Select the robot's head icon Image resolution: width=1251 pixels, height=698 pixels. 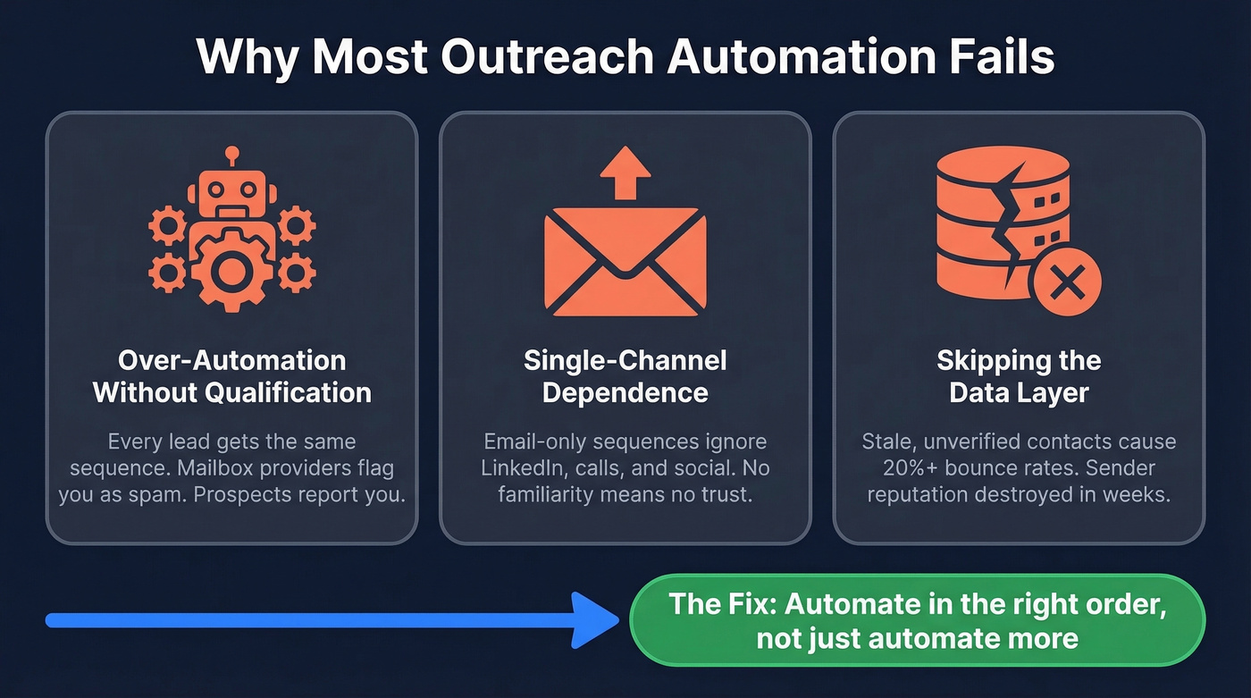coord(232,192)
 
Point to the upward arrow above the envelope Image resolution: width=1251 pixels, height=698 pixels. coord(625,172)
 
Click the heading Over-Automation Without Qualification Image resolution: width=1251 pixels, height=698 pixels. coord(232,376)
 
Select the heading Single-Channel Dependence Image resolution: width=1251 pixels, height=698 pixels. coord(625,376)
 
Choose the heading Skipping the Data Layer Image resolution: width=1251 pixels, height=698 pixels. coord(1019,376)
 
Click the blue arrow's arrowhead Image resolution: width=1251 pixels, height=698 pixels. coord(594,619)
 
